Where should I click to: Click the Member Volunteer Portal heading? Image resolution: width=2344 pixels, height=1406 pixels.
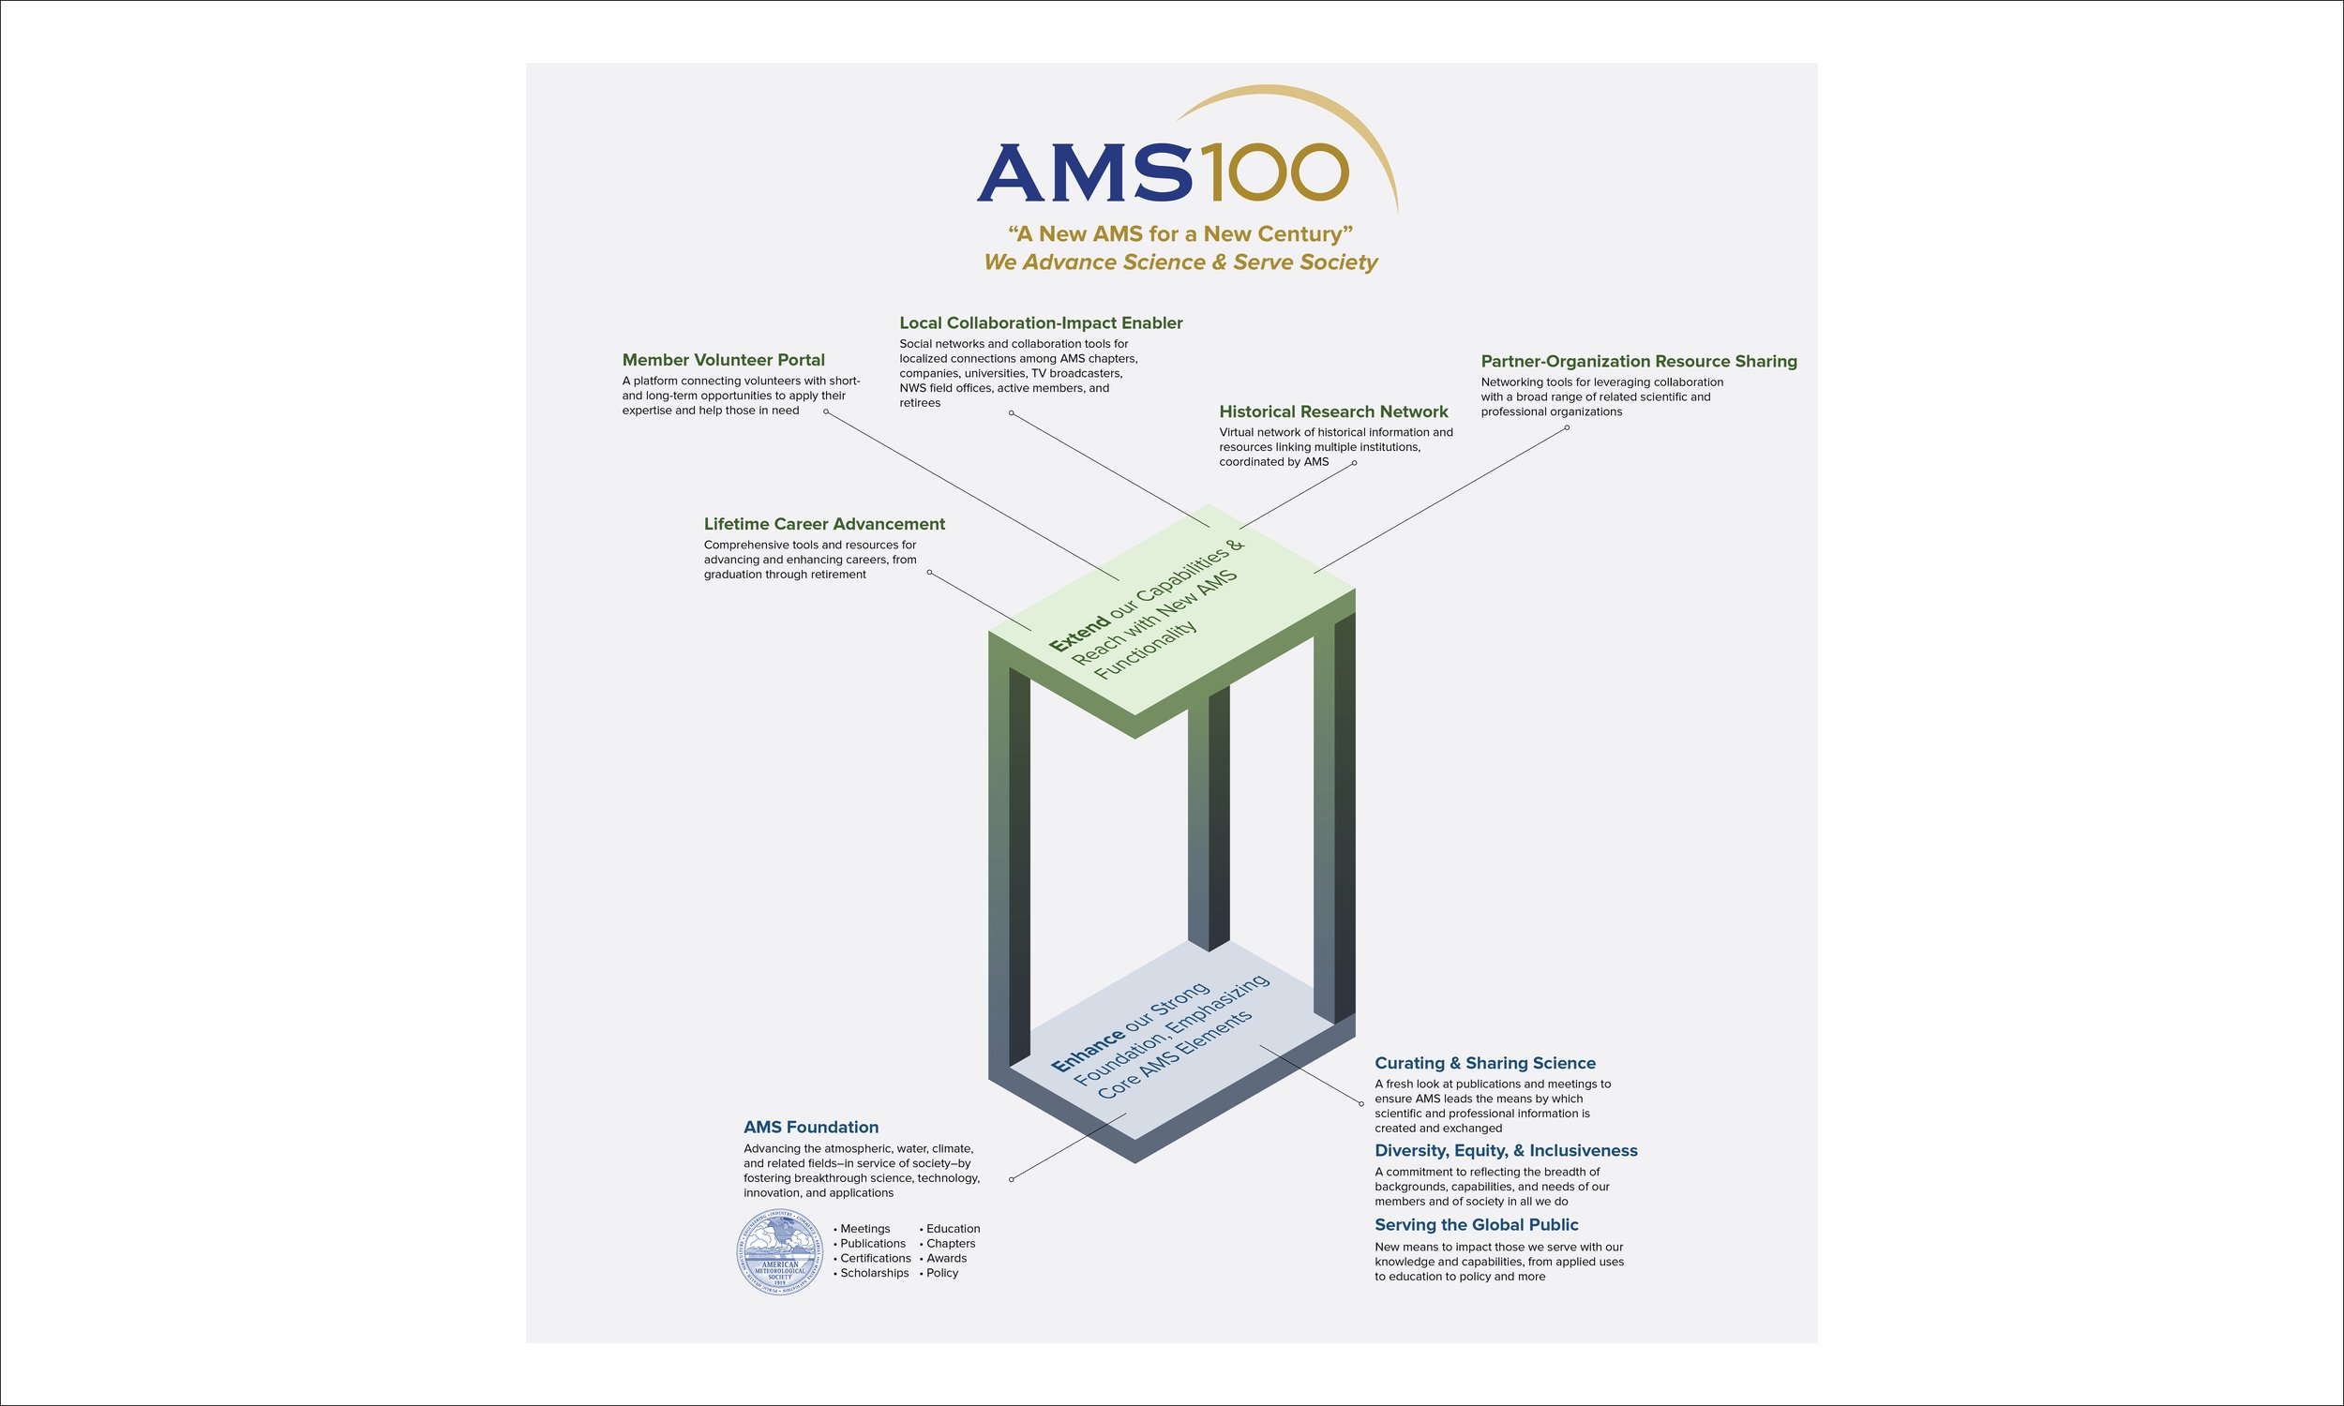723,360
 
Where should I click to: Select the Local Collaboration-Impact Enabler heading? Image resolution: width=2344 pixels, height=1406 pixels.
1041,323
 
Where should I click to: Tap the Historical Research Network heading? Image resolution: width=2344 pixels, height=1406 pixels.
1333,412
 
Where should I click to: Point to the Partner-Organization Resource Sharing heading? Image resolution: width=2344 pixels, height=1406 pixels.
1638,362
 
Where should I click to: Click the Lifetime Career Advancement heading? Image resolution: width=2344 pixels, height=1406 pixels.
824,524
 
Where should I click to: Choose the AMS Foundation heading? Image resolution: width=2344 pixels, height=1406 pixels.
810,1128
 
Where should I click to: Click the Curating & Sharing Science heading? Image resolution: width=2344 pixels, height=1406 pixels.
1484,1063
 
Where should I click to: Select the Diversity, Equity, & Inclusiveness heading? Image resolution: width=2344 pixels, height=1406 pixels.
1506,1151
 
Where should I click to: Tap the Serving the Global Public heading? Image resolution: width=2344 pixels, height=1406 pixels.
1476,1225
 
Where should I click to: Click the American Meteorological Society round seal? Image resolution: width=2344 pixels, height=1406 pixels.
780,1252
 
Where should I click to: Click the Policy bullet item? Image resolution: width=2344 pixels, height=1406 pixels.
941,1273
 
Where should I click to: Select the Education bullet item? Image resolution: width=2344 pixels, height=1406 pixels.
953,1229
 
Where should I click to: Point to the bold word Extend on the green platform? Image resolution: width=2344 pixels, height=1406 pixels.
1078,634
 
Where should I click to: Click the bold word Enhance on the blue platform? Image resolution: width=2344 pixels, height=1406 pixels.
1087,1054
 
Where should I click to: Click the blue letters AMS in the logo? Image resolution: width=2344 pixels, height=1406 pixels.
1084,173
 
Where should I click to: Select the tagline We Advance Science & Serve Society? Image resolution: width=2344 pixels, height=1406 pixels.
1180,262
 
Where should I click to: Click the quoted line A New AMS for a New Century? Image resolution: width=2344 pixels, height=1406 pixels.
1180,234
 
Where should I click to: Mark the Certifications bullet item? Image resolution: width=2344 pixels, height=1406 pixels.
875,1258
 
